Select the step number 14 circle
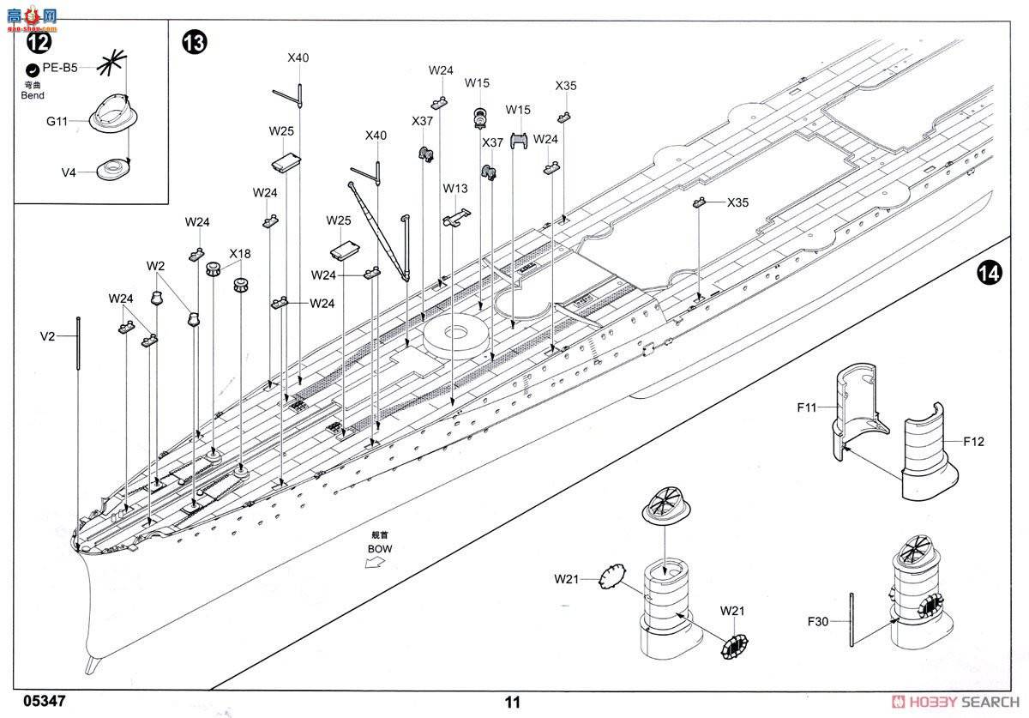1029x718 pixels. point(989,273)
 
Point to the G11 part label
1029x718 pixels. point(58,123)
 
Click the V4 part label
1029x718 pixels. point(69,172)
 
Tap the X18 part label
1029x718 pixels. point(240,254)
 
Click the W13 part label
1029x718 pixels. point(455,188)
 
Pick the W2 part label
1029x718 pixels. point(155,266)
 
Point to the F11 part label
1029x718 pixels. point(806,408)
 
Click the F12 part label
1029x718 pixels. point(973,442)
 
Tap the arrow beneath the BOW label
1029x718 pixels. point(374,563)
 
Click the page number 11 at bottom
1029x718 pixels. point(513,702)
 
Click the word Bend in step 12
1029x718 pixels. point(32,95)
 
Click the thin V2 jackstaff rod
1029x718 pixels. point(78,343)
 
